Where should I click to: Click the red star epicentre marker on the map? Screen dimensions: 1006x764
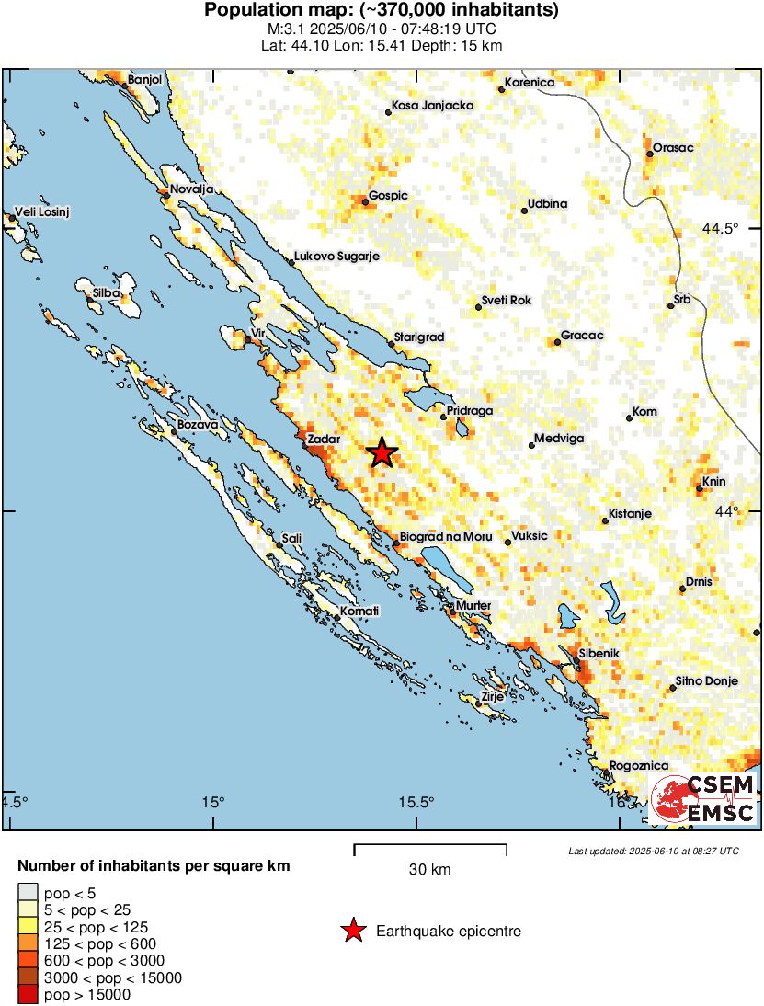pyautogui.click(x=382, y=452)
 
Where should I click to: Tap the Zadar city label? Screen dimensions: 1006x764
pyautogui.click(x=325, y=440)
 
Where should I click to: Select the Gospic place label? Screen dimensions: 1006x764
pyautogui.click(x=387, y=196)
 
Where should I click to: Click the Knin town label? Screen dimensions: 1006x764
pyautogui.click(x=714, y=481)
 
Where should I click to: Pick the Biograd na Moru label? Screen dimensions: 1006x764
pyautogui.click(x=446, y=537)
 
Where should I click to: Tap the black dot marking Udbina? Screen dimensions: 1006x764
pyautogui.click(x=524, y=211)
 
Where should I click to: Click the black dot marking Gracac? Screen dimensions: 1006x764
pyautogui.click(x=557, y=342)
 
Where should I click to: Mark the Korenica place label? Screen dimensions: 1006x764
pyautogui.click(x=531, y=83)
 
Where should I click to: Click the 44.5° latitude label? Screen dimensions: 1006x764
pyautogui.click(x=741, y=228)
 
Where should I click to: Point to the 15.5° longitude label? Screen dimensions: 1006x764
pyautogui.click(x=416, y=802)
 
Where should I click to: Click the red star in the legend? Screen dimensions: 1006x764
pyautogui.click(x=352, y=932)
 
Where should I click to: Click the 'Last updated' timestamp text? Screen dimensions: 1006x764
pyautogui.click(x=654, y=851)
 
